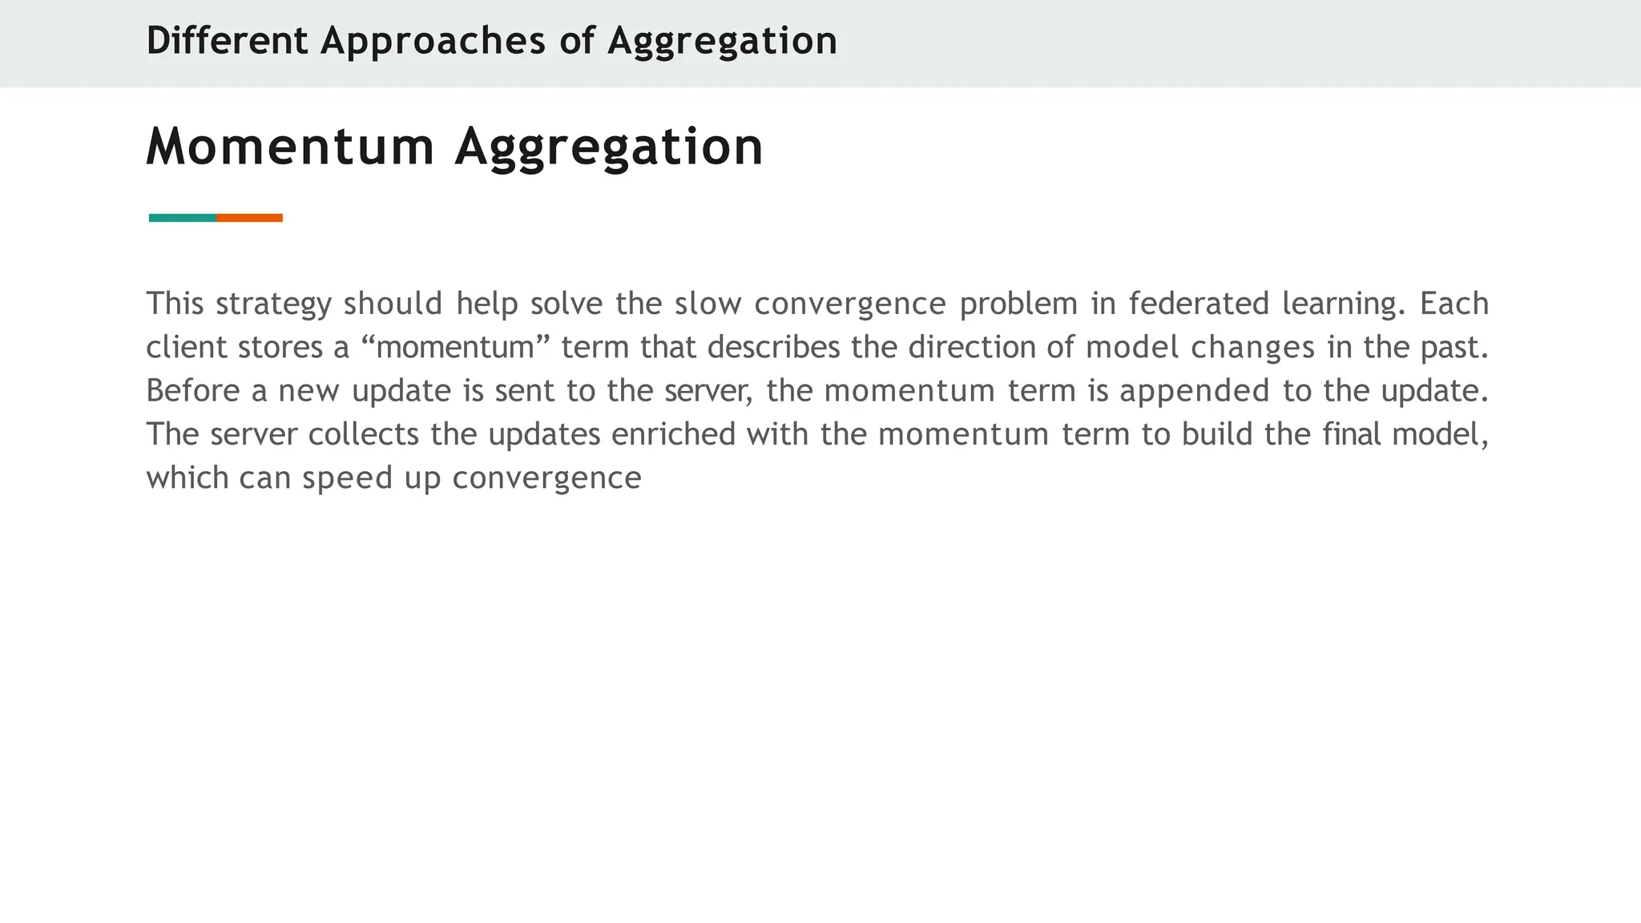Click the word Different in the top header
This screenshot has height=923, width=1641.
click(227, 41)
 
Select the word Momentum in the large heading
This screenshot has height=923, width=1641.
click(290, 147)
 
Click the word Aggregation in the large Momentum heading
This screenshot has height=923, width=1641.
click(609, 147)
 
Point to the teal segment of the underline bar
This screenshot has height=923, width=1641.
click(183, 218)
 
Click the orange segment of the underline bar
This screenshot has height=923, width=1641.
click(249, 218)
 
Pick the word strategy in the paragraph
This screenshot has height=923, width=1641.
click(273, 304)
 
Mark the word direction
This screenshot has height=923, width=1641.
click(990, 348)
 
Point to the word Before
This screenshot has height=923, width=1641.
click(192, 391)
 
